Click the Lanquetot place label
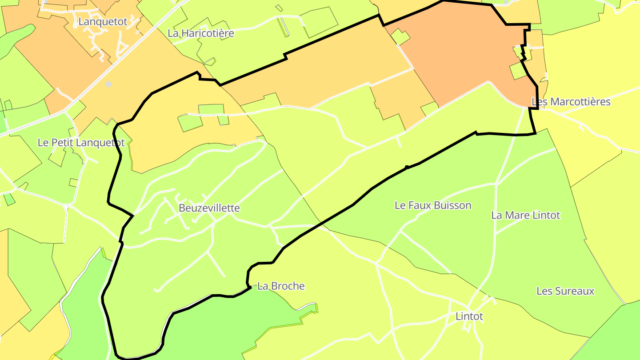pos(103,21)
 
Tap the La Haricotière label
pos(201,33)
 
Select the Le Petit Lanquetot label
pos(81,143)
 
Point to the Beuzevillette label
pos(209,208)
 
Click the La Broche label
pos(281,286)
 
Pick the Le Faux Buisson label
pos(433,205)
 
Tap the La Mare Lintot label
pos(525,215)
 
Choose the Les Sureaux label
pos(565,291)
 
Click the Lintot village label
pos(469,316)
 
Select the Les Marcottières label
pos(571,102)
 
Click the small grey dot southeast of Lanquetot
pos(108,84)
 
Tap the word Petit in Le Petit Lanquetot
pos(63,143)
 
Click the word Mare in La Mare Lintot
pos(517,215)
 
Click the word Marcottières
pos(580,102)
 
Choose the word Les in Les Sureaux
pos(544,291)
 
